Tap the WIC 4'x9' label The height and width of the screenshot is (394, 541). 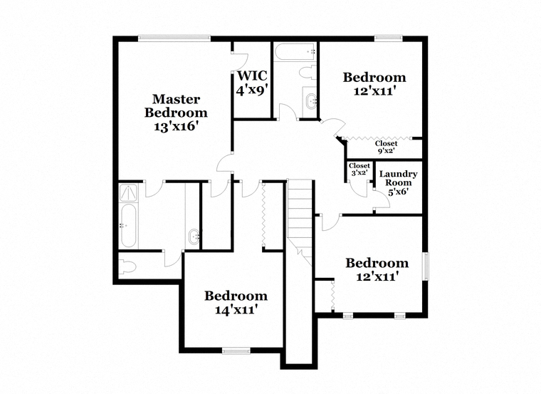pos(252,83)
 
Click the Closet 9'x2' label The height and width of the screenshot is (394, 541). pos(386,147)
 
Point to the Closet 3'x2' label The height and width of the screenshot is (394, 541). pos(359,170)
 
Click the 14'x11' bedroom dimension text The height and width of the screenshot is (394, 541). pos(236,310)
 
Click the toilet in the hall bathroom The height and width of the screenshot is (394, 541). pos(308,73)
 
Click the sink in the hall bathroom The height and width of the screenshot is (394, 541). pos(310,101)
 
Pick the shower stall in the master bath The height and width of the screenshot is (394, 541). pos(129,192)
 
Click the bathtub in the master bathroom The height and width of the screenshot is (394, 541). pos(129,225)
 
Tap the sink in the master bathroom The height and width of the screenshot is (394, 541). pos(194,237)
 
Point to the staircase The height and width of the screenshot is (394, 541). pos(300,223)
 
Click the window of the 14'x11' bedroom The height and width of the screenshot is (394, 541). pos(236,351)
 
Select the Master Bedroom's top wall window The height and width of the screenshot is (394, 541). pos(174,38)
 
